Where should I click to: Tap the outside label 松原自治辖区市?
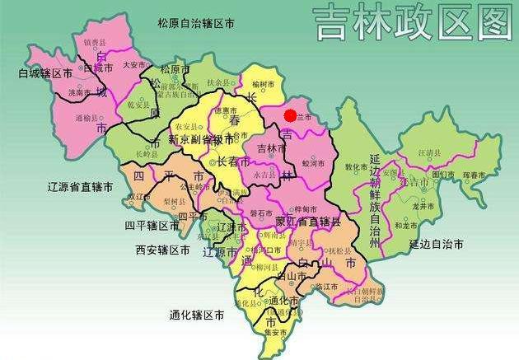coord(196,24)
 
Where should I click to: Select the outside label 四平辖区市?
coord(152,225)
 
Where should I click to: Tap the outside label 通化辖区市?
coord(198,315)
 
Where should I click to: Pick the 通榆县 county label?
coord(86,118)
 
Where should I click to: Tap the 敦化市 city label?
coord(355,166)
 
